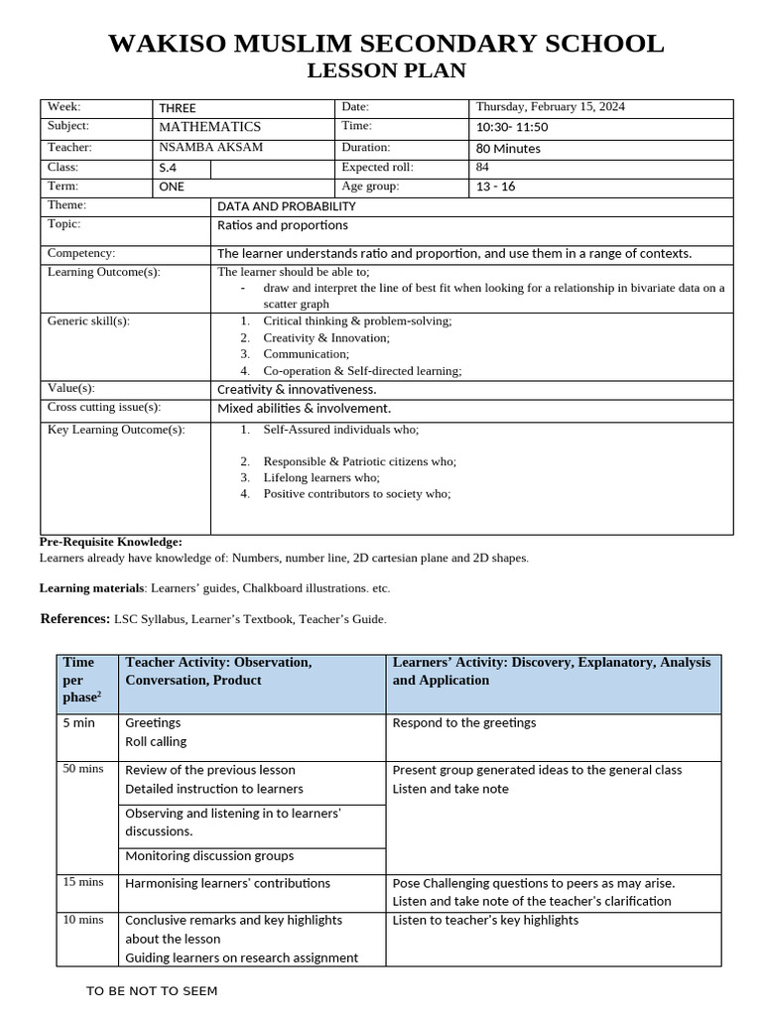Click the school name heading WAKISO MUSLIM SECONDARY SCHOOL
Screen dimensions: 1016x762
386,44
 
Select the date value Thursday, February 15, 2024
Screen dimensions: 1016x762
550,107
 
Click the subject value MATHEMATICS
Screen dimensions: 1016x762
209,127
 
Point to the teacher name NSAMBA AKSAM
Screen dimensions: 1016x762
211,148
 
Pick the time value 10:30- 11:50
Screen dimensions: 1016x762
512,127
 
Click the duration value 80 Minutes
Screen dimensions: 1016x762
508,149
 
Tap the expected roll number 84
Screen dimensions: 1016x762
483,168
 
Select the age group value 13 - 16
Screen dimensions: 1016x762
496,187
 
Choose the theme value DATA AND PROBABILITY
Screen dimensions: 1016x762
286,206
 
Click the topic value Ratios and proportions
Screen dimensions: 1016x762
282,225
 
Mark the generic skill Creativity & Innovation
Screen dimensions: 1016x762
326,338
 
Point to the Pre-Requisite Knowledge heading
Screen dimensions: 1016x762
110,542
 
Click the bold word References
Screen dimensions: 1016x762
74,619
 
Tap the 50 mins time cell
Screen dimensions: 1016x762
83,769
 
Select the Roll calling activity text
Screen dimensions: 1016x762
156,741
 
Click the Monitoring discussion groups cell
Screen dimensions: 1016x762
209,856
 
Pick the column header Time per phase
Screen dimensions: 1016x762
80,680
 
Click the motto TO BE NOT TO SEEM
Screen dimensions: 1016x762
152,991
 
